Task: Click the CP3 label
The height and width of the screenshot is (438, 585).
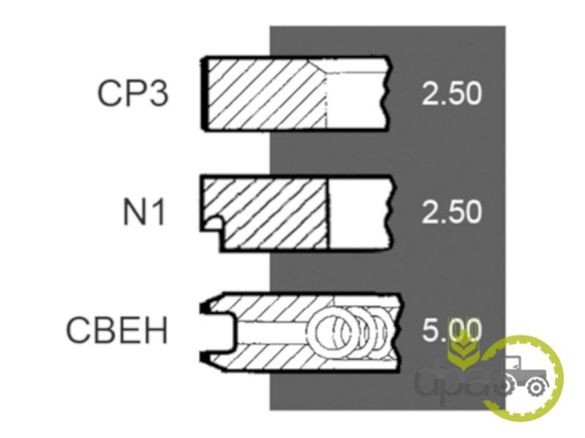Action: point(133,93)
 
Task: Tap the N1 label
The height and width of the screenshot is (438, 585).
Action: point(144,212)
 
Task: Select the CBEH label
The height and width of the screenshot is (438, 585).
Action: point(117,330)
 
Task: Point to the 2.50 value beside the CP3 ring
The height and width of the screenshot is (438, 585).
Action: point(452,93)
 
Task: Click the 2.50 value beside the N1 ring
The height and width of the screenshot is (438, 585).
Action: point(452,212)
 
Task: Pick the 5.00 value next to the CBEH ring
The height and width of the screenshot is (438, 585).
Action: point(452,330)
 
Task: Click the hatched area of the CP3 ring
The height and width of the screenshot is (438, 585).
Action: point(265,94)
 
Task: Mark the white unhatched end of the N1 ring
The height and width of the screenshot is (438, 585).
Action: point(360,213)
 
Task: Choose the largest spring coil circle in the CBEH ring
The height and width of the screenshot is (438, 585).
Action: point(331,330)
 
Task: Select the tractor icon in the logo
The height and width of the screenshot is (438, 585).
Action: point(525,375)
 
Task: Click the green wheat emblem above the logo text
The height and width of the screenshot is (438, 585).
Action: point(462,351)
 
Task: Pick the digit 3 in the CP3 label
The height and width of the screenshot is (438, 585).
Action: point(158,93)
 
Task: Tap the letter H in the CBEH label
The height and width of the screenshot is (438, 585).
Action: point(156,330)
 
